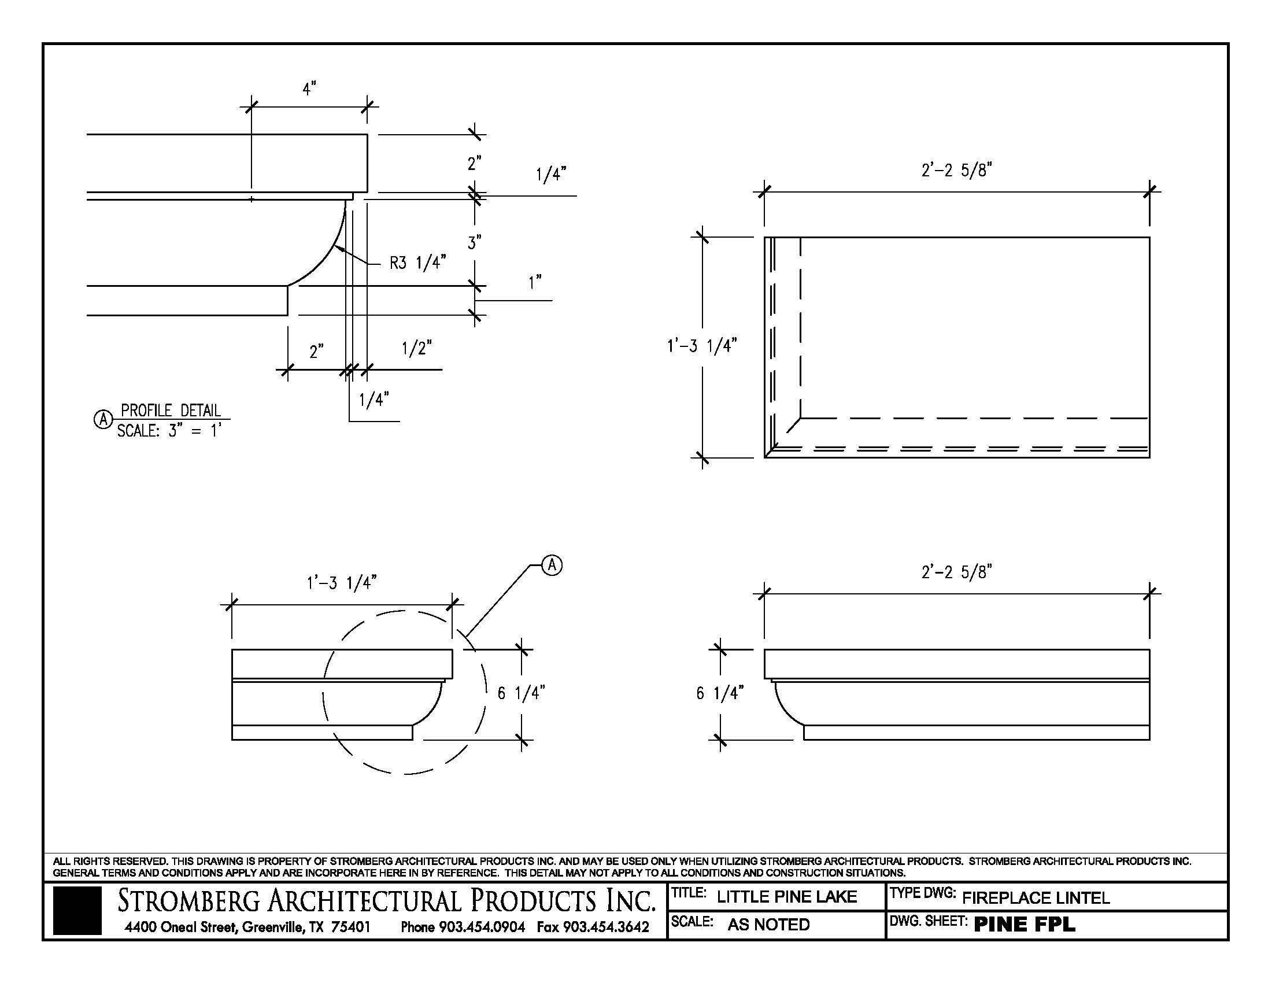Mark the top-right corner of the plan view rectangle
tap(1149, 237)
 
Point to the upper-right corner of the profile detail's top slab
tap(367, 135)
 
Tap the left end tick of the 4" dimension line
tap(251, 106)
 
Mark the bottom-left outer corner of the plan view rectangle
tap(765, 458)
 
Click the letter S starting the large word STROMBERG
tap(125, 901)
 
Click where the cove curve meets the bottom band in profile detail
tap(289, 285)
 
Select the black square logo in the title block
tap(77, 910)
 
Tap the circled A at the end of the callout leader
tap(552, 565)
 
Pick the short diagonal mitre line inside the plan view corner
tap(793, 425)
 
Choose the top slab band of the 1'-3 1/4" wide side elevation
tap(342, 664)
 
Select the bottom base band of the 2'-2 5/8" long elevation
tap(977, 733)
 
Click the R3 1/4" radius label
tap(417, 263)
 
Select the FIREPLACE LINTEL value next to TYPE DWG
tap(1036, 898)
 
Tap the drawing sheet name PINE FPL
tap(1025, 925)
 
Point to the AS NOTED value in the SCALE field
tap(768, 925)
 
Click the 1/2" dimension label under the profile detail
tap(417, 348)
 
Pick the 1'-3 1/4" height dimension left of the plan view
tap(702, 346)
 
